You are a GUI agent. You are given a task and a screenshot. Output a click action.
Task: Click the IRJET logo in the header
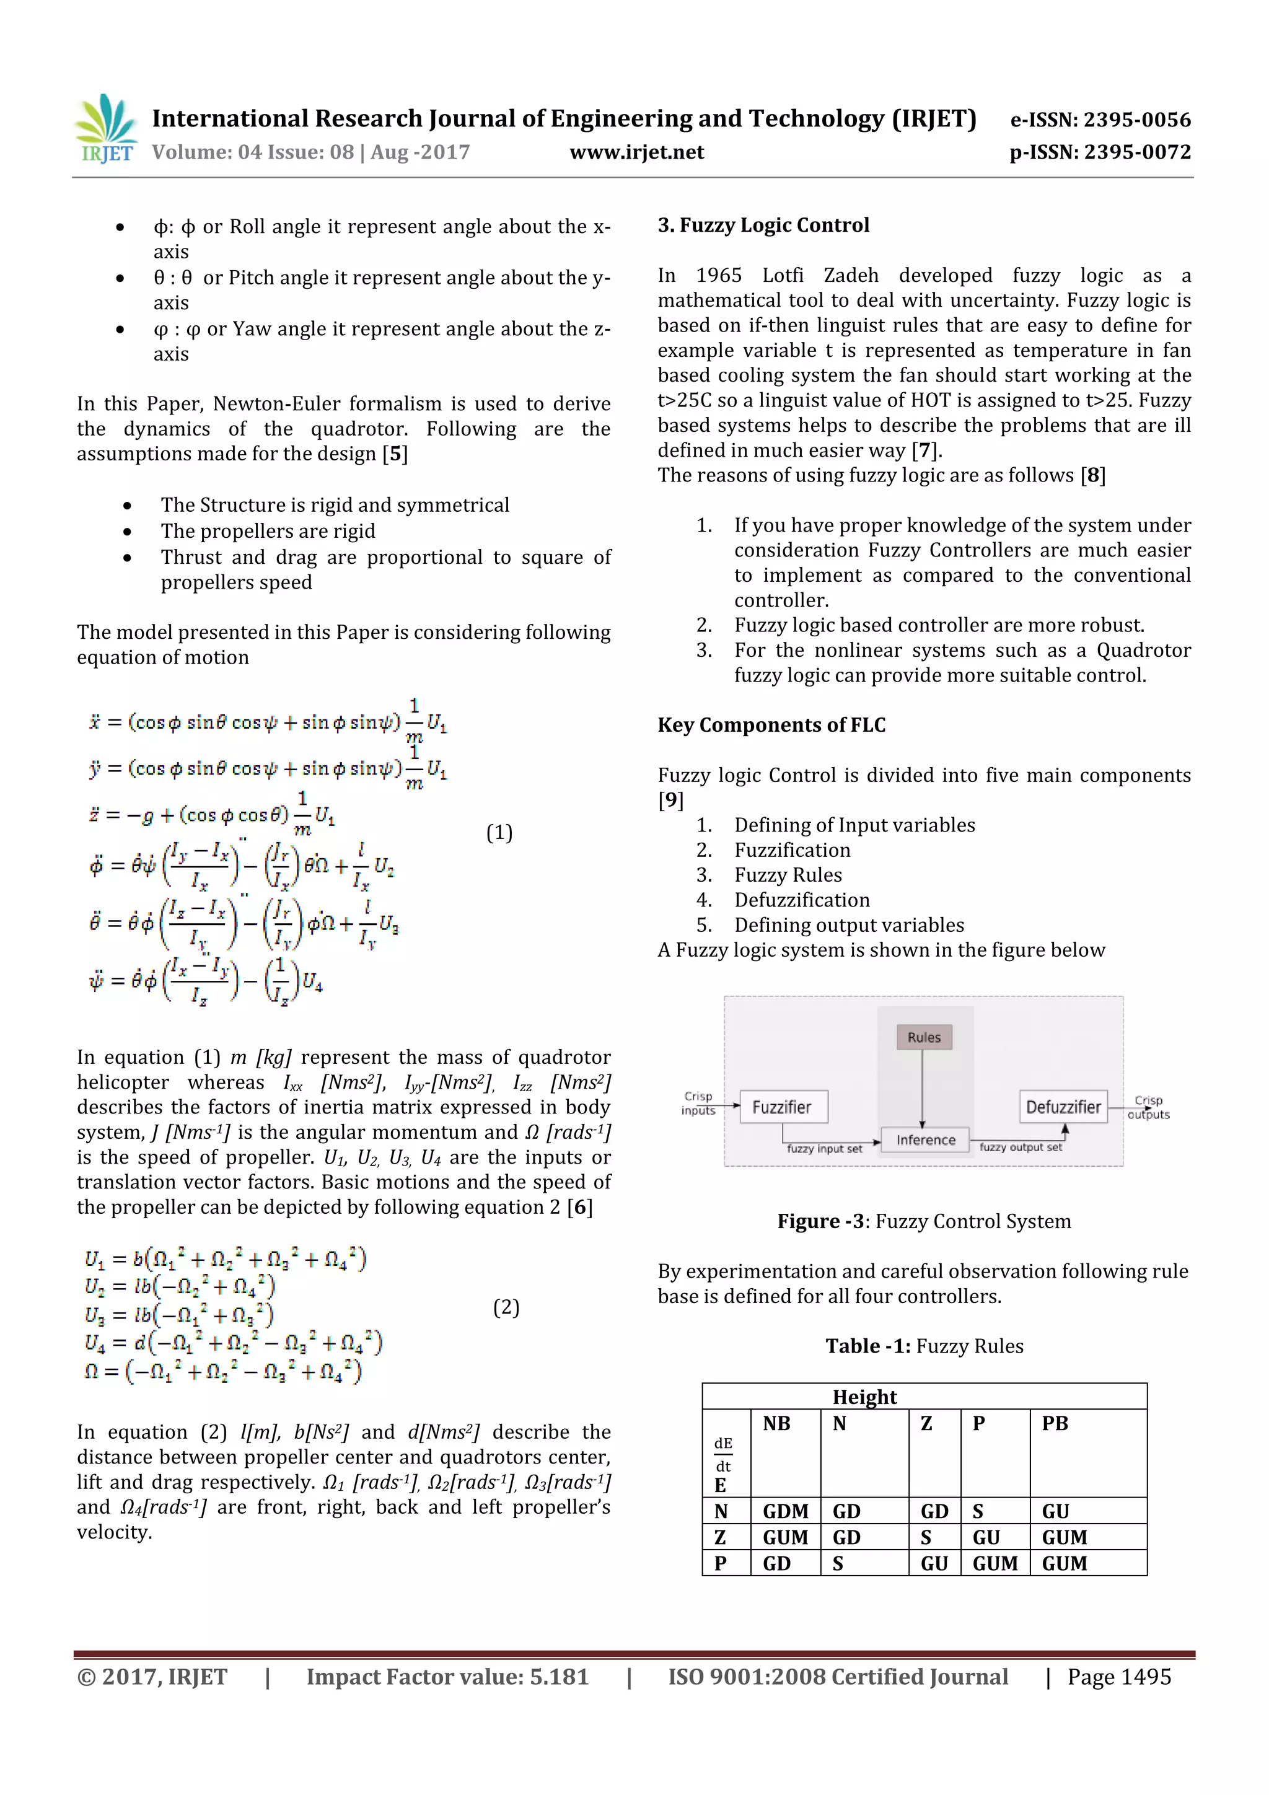click(x=107, y=128)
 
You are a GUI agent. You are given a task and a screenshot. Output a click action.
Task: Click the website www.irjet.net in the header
click(x=636, y=152)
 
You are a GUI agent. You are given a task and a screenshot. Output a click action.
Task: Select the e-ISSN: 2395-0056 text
click(x=1100, y=120)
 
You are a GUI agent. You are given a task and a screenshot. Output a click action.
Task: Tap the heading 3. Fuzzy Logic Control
click(x=763, y=225)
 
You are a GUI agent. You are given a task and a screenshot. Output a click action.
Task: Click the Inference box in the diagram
click(x=925, y=1140)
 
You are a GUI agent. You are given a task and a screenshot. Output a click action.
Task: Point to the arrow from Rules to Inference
click(x=923, y=1087)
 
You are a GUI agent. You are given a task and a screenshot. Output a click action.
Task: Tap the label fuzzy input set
click(x=824, y=1149)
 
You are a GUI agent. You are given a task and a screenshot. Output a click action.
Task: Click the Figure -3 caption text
click(x=923, y=1221)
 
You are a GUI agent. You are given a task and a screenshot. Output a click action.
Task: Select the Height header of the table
click(x=864, y=1397)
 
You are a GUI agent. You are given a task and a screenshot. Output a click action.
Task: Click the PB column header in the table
click(x=1055, y=1424)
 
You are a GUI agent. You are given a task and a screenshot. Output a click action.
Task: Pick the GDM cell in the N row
click(x=785, y=1511)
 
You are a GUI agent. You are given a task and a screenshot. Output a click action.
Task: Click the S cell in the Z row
click(x=926, y=1537)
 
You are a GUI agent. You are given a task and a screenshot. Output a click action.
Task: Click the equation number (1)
click(x=499, y=833)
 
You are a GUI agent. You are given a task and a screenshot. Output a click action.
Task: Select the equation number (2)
click(x=506, y=1307)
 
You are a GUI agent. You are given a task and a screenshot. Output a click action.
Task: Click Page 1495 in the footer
click(x=1119, y=1677)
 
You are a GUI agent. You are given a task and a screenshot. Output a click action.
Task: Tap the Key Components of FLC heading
click(x=771, y=725)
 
